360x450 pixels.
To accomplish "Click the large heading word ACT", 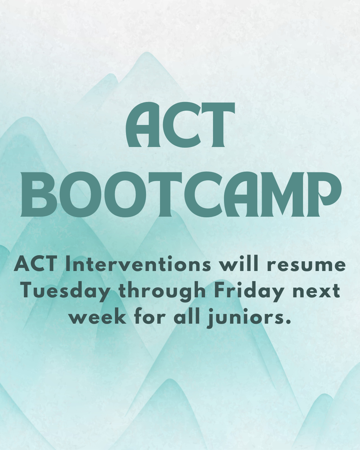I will tap(180, 125).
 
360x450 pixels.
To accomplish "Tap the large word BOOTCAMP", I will tap(180, 194).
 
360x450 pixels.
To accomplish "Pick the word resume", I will tap(306, 265).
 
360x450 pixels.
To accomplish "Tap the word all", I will tap(187, 317).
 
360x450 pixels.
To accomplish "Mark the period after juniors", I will tap(288, 322).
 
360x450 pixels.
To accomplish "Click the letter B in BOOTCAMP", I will tap(35, 194).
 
